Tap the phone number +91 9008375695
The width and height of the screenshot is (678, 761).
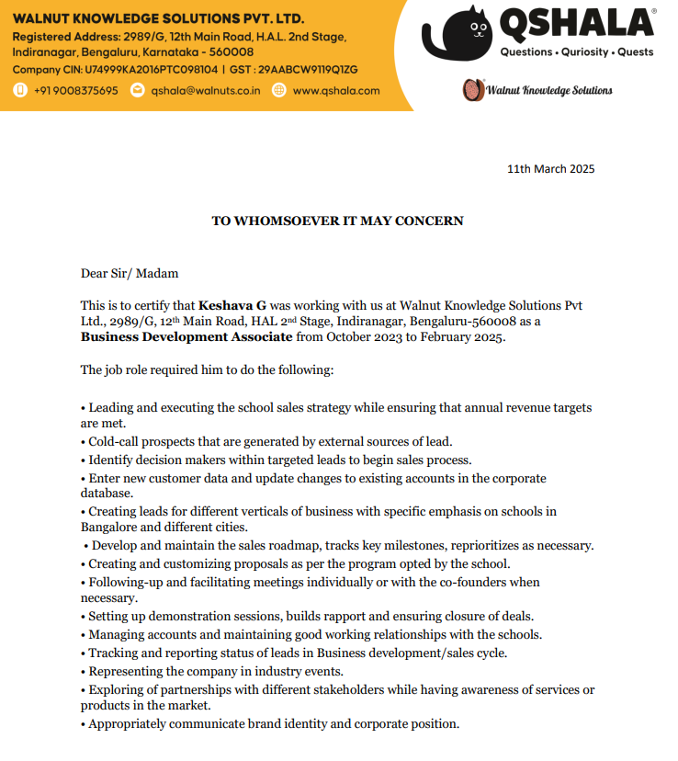click(x=77, y=90)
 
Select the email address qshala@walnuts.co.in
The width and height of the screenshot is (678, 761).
click(x=206, y=90)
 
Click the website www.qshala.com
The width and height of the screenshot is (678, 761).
click(x=337, y=90)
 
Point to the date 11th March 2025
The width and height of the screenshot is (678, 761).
click(x=551, y=168)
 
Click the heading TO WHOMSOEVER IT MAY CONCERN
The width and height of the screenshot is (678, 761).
click(x=338, y=221)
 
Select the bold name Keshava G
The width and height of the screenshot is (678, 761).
click(x=232, y=305)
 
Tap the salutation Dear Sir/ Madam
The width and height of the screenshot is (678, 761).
click(x=130, y=273)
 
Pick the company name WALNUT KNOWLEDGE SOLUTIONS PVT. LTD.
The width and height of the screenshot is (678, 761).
click(x=158, y=19)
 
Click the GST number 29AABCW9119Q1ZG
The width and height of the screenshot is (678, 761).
click(x=308, y=69)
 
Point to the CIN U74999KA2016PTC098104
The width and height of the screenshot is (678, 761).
click(x=152, y=69)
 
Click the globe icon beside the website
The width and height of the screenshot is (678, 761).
click(x=279, y=90)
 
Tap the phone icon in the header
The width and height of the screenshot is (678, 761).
click(x=20, y=90)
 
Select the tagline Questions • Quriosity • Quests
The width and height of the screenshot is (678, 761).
click(x=576, y=52)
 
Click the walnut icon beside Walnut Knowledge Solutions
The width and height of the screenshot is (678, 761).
click(x=472, y=89)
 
